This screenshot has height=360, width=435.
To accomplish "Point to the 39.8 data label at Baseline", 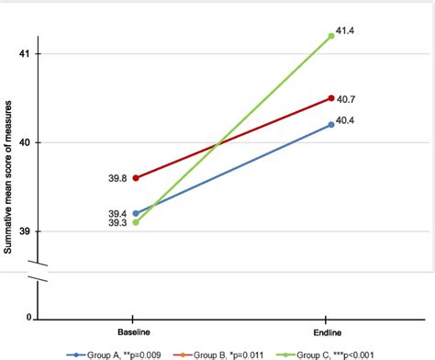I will coord(117,178).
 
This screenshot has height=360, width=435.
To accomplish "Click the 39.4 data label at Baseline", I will coord(117,213).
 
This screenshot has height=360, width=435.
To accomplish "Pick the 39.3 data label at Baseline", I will coord(117,224).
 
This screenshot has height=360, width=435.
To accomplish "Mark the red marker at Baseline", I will coord(136,178).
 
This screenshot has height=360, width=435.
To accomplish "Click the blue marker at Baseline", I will coord(136,213).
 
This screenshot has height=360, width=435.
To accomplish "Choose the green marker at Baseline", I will coord(136,221).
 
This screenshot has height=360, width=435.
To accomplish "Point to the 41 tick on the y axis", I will coord(25,54).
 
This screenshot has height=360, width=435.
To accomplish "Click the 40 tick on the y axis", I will coord(25,143).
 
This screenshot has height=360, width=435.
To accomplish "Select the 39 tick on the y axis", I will coord(25,231).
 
